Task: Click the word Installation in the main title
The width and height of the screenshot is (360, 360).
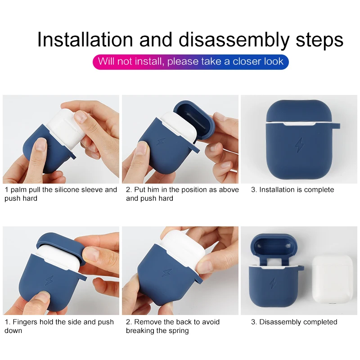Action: pyautogui.click(x=85, y=40)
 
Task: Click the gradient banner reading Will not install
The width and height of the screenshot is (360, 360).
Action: pyautogui.click(x=190, y=62)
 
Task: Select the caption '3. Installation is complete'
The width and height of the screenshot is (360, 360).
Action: pyautogui.click(x=292, y=190)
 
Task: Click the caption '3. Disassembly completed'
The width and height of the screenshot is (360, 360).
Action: pyautogui.click(x=294, y=322)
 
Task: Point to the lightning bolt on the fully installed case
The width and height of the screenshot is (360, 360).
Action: pyautogui.click(x=299, y=145)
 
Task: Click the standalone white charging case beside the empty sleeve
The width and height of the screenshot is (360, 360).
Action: pyautogui.click(x=332, y=279)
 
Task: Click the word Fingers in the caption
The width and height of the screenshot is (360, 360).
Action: pyautogui.click(x=25, y=322)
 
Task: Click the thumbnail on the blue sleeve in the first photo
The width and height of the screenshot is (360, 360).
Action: pyautogui.click(x=41, y=144)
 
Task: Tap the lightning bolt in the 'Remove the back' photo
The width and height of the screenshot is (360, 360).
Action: pyautogui.click(x=167, y=273)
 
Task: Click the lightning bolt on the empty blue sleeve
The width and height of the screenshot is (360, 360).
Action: pyautogui.click(x=273, y=283)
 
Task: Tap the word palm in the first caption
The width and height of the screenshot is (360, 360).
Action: pyautogui.click(x=18, y=190)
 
